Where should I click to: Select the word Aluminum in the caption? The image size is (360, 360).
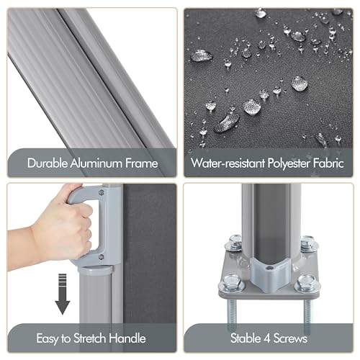point(97,163)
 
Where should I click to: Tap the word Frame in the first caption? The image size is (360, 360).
point(140,163)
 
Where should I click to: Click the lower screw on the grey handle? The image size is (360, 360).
point(103,256)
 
